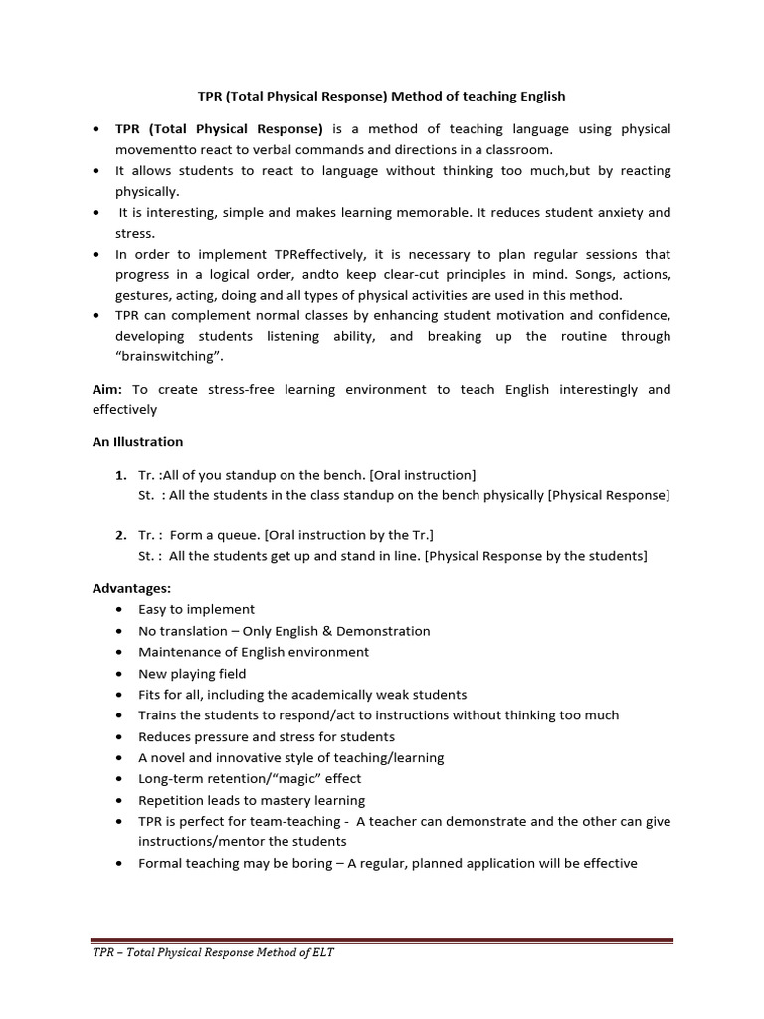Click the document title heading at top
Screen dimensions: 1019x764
(x=381, y=97)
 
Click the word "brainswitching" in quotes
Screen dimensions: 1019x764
(x=179, y=358)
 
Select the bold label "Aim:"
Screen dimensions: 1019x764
(x=109, y=389)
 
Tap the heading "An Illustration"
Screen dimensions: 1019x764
(x=138, y=441)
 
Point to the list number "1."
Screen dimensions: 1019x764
(x=121, y=475)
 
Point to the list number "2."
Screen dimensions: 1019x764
(x=121, y=535)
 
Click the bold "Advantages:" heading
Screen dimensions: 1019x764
(x=132, y=588)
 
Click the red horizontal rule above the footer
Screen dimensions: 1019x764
(x=382, y=939)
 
